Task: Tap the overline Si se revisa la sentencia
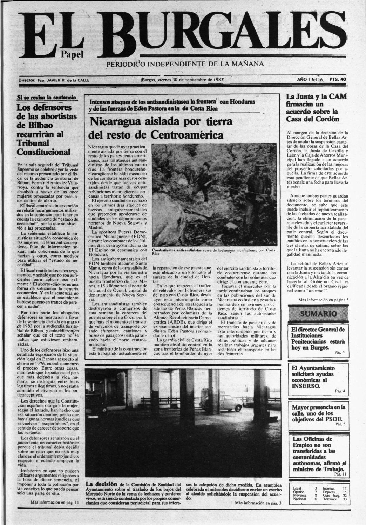tap(47, 97)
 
